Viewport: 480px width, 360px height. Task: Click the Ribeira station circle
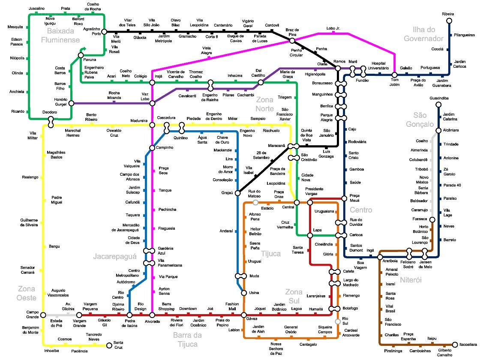pyautogui.click(x=449, y=21)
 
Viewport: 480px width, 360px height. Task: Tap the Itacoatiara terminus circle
pyautogui.click(x=455, y=345)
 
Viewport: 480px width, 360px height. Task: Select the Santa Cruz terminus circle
pyautogui.click(x=109, y=345)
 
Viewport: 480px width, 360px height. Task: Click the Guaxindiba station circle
pyautogui.click(x=438, y=105)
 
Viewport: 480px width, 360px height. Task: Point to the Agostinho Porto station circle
pyautogui.click(x=104, y=32)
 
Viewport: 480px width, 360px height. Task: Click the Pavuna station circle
pyautogui.click(x=81, y=55)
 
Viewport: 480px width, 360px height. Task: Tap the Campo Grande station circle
pyautogui.click(x=43, y=315)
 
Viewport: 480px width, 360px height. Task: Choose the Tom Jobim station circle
pyautogui.click(x=394, y=75)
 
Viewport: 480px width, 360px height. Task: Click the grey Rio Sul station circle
pyautogui.click(x=338, y=321)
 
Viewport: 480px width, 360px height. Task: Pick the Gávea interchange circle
pyautogui.click(x=244, y=315)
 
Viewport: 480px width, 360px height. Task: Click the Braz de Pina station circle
pyautogui.click(x=292, y=41)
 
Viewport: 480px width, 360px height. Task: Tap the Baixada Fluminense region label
pyautogui.click(x=60, y=35)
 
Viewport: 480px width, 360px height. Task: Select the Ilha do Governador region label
pyautogui.click(x=423, y=34)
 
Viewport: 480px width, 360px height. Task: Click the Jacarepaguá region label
pyautogui.click(x=115, y=257)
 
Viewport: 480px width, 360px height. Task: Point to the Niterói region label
pyautogui.click(x=411, y=280)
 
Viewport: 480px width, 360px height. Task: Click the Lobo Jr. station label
pyautogui.click(x=333, y=28)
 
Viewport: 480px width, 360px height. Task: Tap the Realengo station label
pyautogui.click(x=30, y=177)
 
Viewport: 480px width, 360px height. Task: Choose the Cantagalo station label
pyautogui.click(x=308, y=345)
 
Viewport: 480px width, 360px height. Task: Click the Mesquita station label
pyautogui.click(x=15, y=27)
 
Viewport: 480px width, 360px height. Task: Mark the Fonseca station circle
pyautogui.click(x=432, y=219)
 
